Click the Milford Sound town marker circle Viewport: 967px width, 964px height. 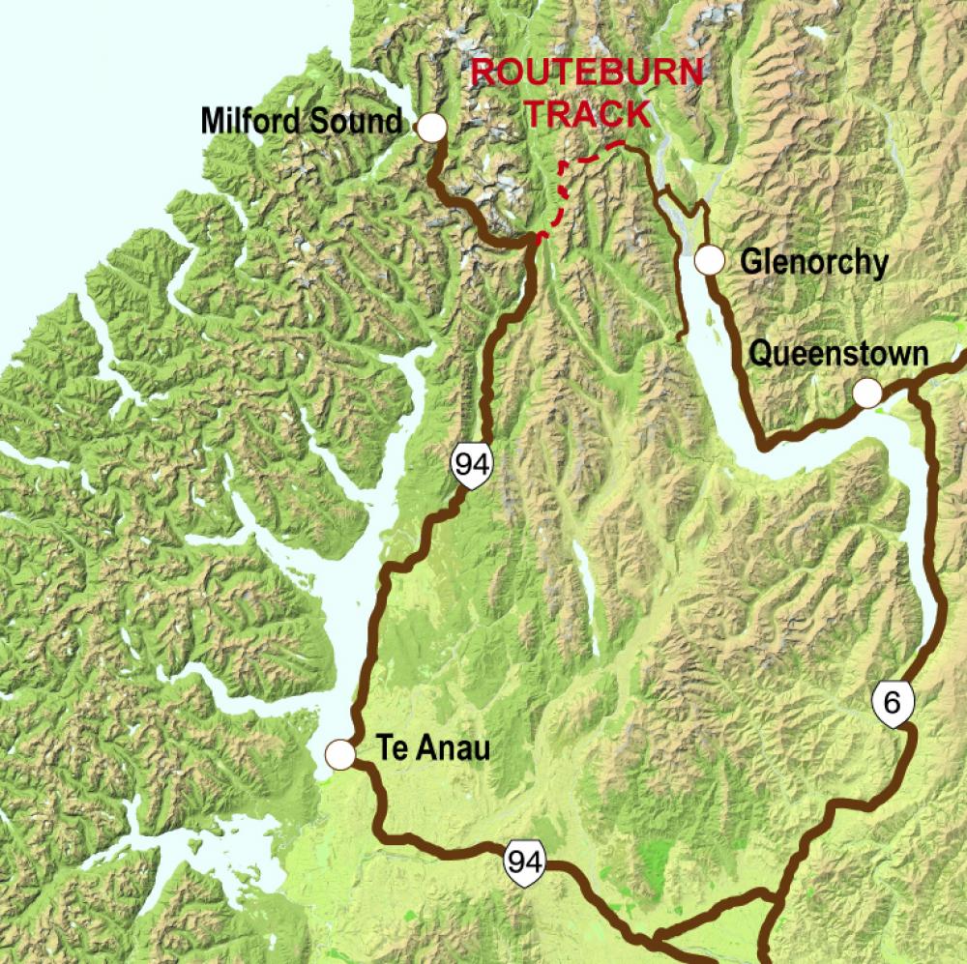click(x=430, y=126)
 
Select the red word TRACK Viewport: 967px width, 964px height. click(x=588, y=113)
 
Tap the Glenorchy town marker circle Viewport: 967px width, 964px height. click(x=710, y=259)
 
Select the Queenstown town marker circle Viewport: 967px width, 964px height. click(x=867, y=393)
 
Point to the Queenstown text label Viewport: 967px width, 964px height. click(x=837, y=355)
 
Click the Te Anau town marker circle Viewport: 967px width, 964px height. click(x=340, y=753)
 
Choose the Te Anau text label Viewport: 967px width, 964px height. click(x=433, y=750)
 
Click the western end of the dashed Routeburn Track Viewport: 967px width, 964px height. click(x=540, y=235)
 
